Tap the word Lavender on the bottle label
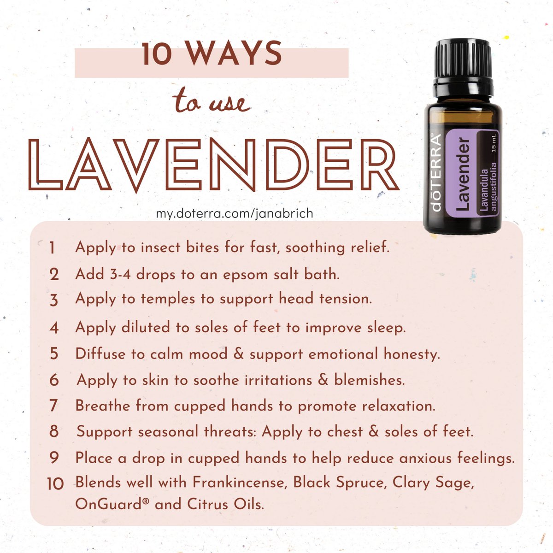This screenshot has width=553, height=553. click(463, 175)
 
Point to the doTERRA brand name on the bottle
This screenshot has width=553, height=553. click(438, 173)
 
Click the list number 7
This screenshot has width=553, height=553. click(53, 406)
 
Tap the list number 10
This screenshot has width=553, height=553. click(55, 484)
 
